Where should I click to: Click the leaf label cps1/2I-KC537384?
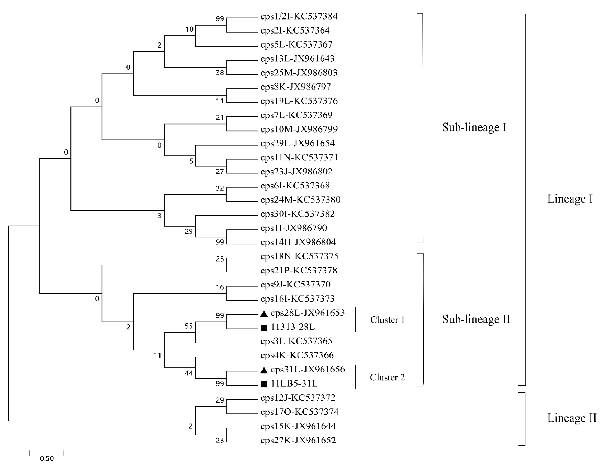[299, 17]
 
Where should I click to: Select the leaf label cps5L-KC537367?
[296, 44]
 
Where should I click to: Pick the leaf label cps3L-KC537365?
[296, 341]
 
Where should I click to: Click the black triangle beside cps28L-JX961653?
[264, 314]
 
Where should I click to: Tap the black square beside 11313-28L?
[264, 328]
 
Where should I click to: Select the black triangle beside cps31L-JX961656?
[264, 370]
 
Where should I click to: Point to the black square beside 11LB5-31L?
[264, 384]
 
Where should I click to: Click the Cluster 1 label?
[387, 320]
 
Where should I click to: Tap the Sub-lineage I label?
[474, 127]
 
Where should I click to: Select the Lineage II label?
[572, 418]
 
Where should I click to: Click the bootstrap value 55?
[189, 326]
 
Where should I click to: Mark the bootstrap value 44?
[189, 373]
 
